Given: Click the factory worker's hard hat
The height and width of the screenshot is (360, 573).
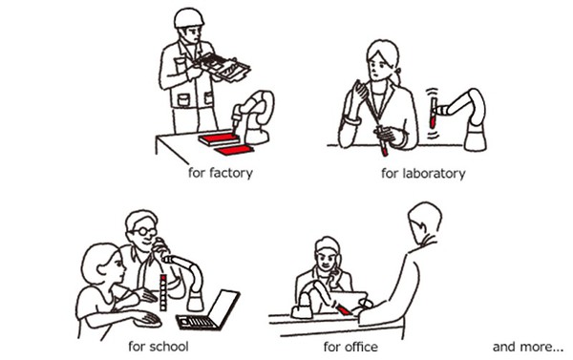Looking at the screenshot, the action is pyautogui.click(x=188, y=17).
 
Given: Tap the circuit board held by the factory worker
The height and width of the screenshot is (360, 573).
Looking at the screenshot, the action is pyautogui.click(x=223, y=67).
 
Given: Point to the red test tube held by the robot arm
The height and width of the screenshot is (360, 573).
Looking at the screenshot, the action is pyautogui.click(x=433, y=113).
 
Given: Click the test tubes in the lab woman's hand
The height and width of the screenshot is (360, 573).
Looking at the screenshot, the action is pyautogui.click(x=382, y=140).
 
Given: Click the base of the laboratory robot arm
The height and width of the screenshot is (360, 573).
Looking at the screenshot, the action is pyautogui.click(x=475, y=138).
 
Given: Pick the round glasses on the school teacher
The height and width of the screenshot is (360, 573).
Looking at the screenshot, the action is pyautogui.click(x=144, y=231).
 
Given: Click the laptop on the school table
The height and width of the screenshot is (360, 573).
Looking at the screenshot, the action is pyautogui.click(x=208, y=310).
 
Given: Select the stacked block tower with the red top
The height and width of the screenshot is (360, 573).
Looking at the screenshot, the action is pyautogui.click(x=163, y=293).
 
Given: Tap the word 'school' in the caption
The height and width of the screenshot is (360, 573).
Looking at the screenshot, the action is pyautogui.click(x=169, y=346).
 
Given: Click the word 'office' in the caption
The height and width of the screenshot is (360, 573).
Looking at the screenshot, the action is pyautogui.click(x=359, y=347).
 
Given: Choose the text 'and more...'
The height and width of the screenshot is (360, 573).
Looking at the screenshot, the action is pyautogui.click(x=528, y=347).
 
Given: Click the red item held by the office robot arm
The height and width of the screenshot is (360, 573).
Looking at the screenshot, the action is pyautogui.click(x=344, y=309).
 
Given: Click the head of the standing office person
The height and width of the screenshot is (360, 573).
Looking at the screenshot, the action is pyautogui.click(x=424, y=222).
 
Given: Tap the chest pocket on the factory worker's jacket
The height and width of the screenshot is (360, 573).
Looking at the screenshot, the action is pyautogui.click(x=183, y=99).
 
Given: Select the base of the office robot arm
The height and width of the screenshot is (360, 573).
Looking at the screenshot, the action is pyautogui.click(x=302, y=310).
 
